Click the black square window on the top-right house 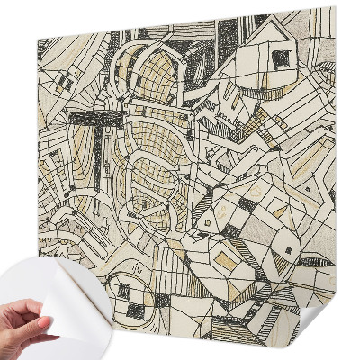tap(282, 58)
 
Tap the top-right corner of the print tap(333, 9)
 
